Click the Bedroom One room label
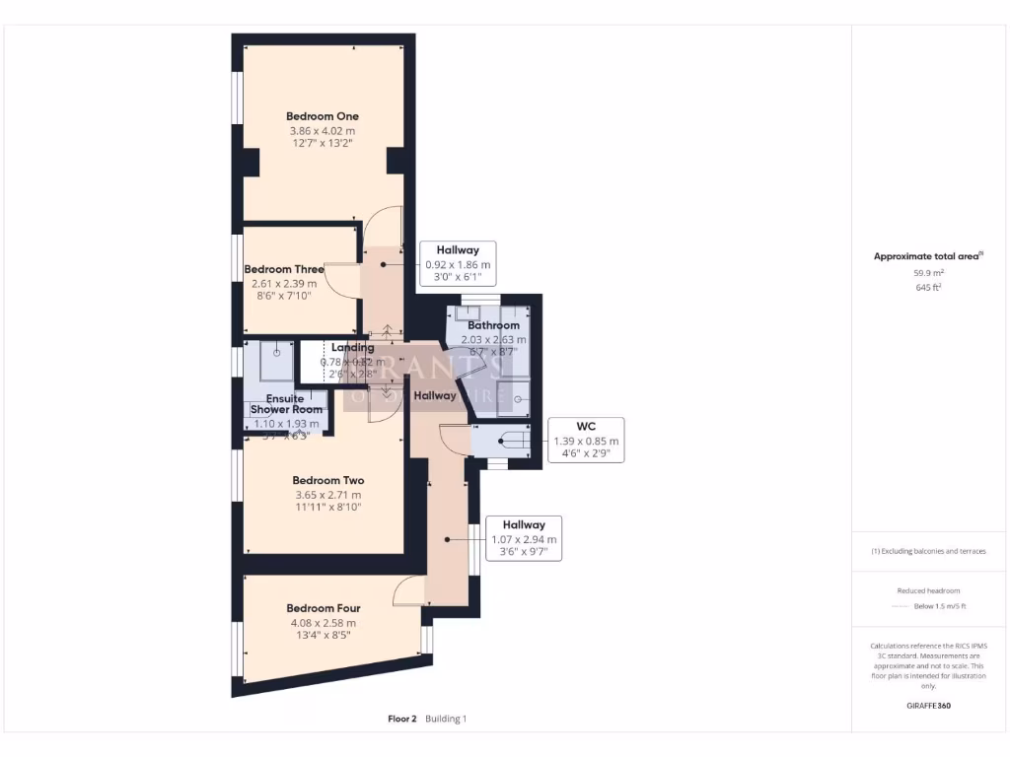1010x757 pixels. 322,116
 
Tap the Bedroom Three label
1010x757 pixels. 284,269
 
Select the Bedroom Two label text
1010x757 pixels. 328,481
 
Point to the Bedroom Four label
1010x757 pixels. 324,608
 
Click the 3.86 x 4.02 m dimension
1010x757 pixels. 322,130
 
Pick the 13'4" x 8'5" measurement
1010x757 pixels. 324,636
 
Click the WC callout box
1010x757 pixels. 587,440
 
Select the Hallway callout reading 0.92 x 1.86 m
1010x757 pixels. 458,264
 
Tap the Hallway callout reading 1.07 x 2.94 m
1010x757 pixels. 524,538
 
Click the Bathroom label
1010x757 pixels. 493,325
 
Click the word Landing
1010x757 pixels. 352,348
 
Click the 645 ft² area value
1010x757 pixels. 927,288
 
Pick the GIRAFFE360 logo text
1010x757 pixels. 927,706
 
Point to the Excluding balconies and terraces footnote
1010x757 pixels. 927,551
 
